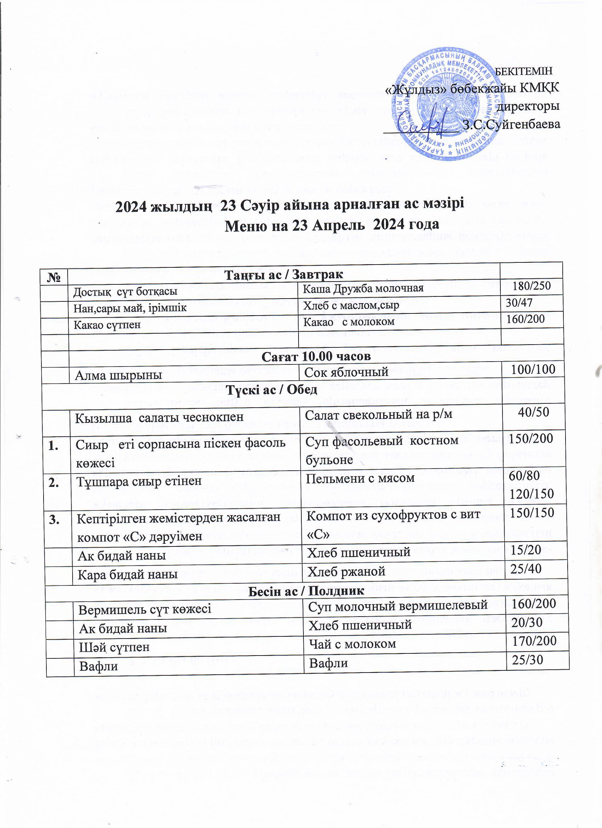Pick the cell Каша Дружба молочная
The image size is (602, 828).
tap(363, 288)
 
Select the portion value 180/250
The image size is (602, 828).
tap(531, 286)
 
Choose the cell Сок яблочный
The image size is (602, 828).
tap(346, 372)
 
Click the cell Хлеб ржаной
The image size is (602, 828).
tap(346, 572)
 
